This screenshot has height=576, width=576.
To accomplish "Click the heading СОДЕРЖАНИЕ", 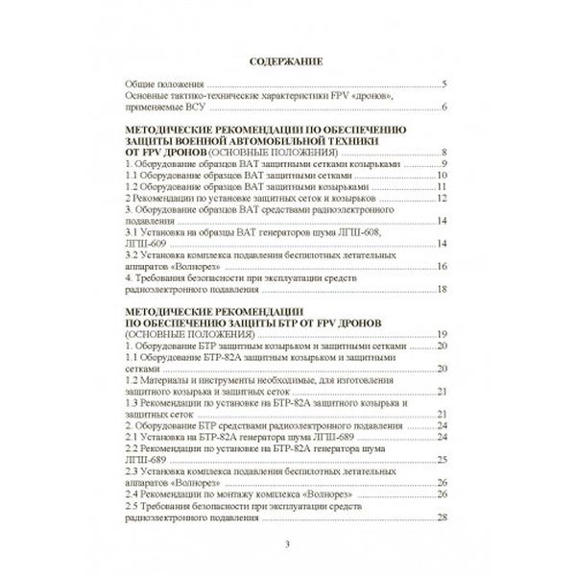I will click(x=288, y=63).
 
